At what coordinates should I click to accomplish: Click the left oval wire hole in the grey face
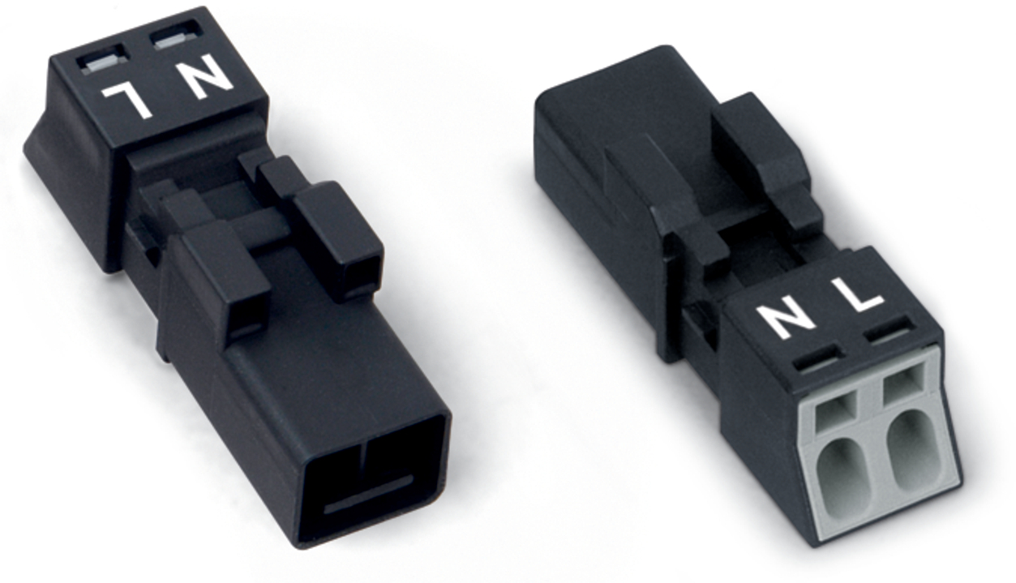845,480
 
